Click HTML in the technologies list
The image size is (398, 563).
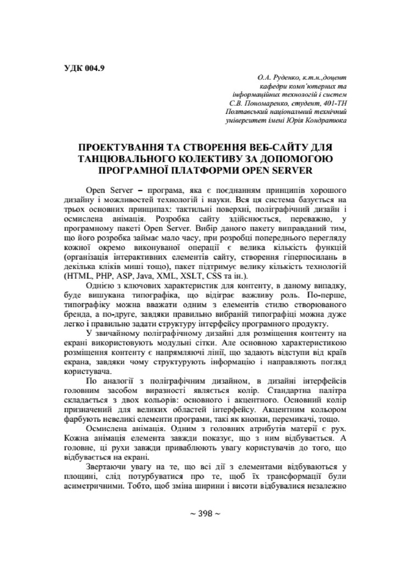coord(79,275)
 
